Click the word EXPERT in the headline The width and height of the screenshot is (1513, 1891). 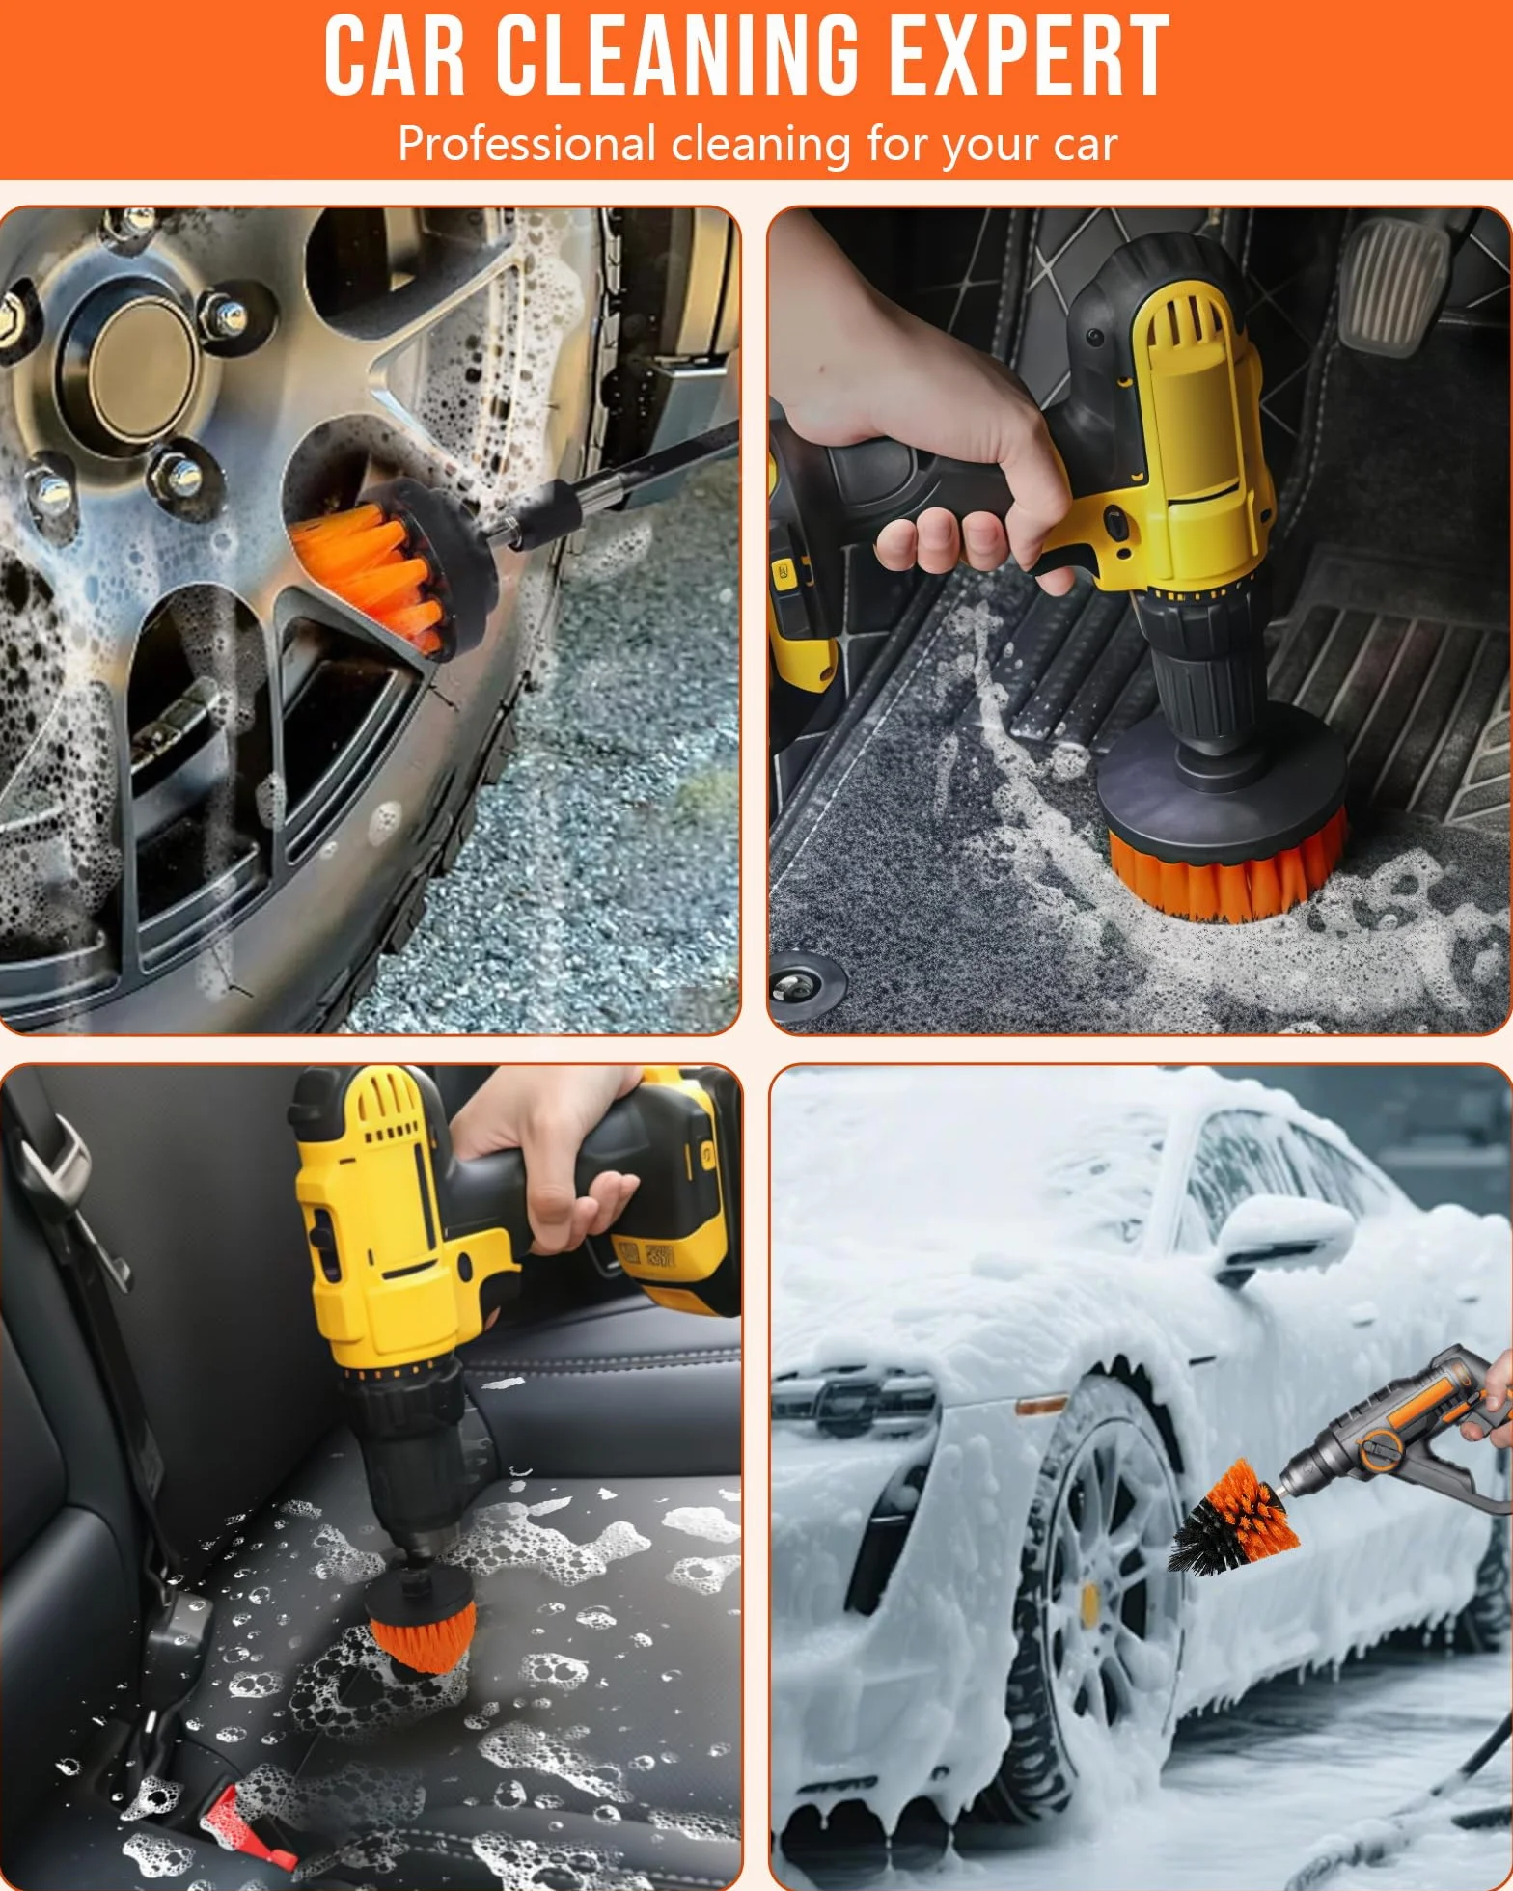(1028, 55)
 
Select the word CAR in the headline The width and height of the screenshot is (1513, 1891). (395, 55)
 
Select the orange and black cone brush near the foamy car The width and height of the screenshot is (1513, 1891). (1235, 1515)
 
